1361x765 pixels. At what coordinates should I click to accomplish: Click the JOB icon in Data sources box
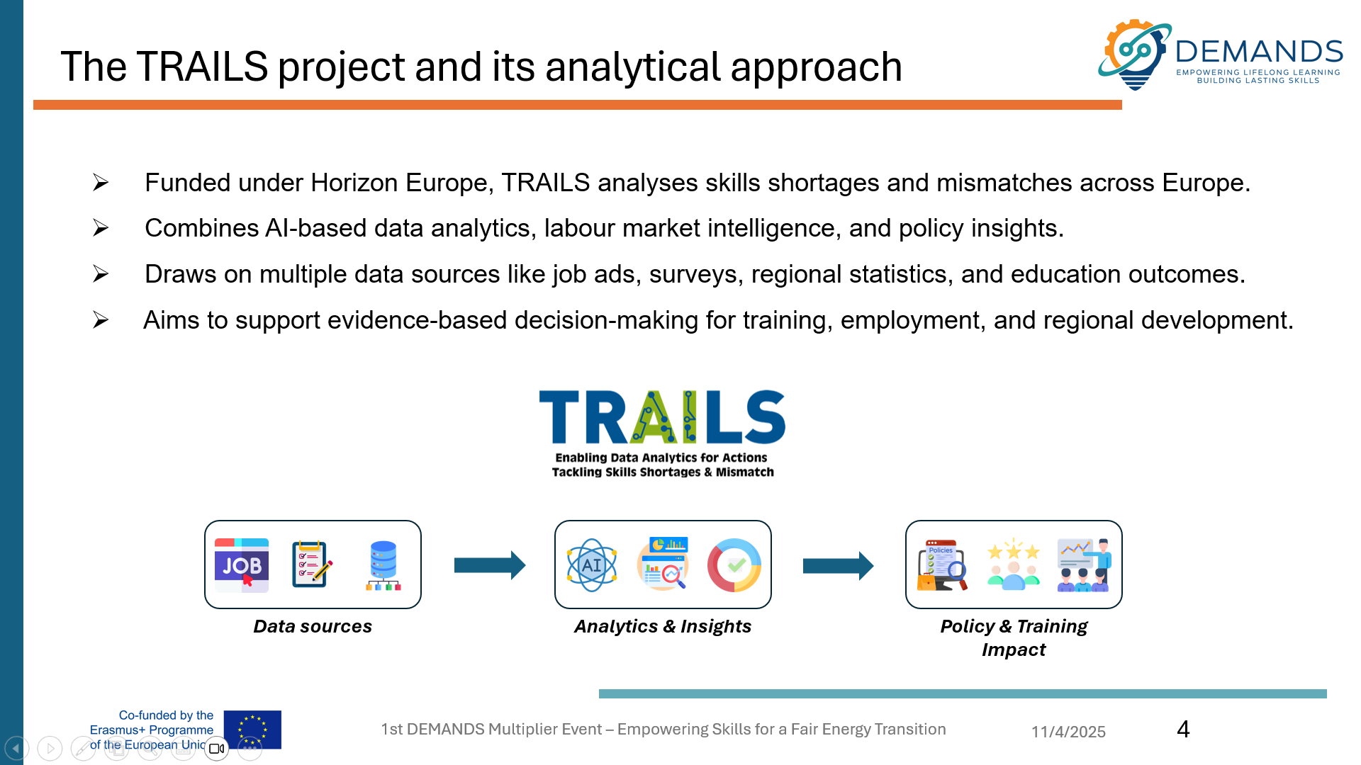[x=242, y=565]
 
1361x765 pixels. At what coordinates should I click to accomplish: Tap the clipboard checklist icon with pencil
[x=312, y=565]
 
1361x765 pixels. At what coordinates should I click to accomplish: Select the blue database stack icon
[x=383, y=565]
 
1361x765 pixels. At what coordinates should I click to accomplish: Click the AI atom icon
[x=592, y=565]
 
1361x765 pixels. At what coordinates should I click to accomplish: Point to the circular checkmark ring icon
[x=734, y=565]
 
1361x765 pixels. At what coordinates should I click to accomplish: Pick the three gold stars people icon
[x=1014, y=565]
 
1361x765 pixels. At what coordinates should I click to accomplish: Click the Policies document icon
[x=942, y=565]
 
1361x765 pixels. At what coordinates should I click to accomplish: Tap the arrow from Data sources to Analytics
[x=490, y=565]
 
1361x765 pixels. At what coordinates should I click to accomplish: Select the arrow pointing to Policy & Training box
[x=838, y=565]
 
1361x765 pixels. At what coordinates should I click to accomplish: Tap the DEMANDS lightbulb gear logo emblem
[x=1135, y=55]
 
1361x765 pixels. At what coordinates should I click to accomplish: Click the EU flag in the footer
[x=252, y=730]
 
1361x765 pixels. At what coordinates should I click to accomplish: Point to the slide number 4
[x=1183, y=729]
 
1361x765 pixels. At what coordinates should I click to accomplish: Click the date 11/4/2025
[x=1068, y=732]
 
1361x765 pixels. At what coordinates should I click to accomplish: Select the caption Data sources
[x=313, y=626]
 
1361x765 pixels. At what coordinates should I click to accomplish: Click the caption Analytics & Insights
[x=663, y=626]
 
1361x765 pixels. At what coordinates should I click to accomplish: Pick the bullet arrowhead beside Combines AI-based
[x=101, y=227]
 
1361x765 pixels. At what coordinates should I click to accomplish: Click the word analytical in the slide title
[x=633, y=67]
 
